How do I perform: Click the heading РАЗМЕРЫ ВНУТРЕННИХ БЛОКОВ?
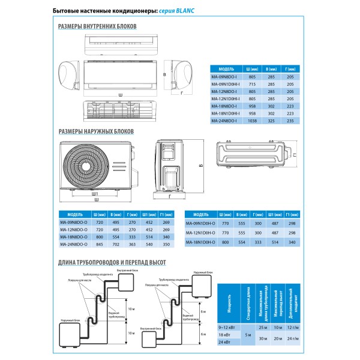pyautogui.click(x=98, y=27)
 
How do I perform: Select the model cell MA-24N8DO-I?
pyautogui.click(x=224, y=121)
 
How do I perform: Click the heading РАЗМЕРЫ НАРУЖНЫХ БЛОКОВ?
pyautogui.click(x=96, y=131)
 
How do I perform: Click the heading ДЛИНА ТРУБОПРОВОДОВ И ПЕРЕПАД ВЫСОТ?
pyautogui.click(x=112, y=262)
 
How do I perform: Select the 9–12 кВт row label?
pyautogui.click(x=229, y=327)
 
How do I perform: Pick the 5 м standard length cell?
pyautogui.click(x=247, y=334)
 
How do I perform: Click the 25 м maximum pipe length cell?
pyautogui.click(x=263, y=327)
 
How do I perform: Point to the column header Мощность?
pyautogui.click(x=229, y=301)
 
